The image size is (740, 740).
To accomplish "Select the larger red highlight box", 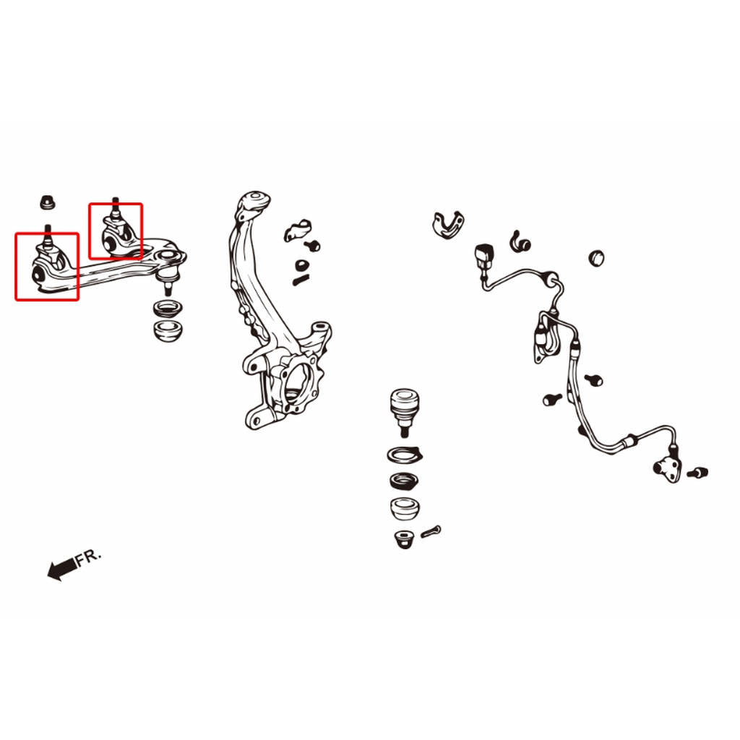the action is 47,267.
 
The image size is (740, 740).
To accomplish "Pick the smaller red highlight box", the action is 116,231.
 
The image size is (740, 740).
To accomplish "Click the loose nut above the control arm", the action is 47,202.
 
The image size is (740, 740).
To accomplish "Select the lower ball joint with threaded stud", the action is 405,412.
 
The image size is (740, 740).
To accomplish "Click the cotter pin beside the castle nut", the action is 431,531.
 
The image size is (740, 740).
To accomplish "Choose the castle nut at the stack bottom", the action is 404,539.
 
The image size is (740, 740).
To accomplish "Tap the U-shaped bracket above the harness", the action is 448,225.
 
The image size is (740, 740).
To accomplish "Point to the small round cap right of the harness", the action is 596,258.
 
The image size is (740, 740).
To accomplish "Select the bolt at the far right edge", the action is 698,472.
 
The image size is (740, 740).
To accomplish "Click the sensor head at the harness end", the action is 667,468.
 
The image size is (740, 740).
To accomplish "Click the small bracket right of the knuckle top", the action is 297,231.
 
